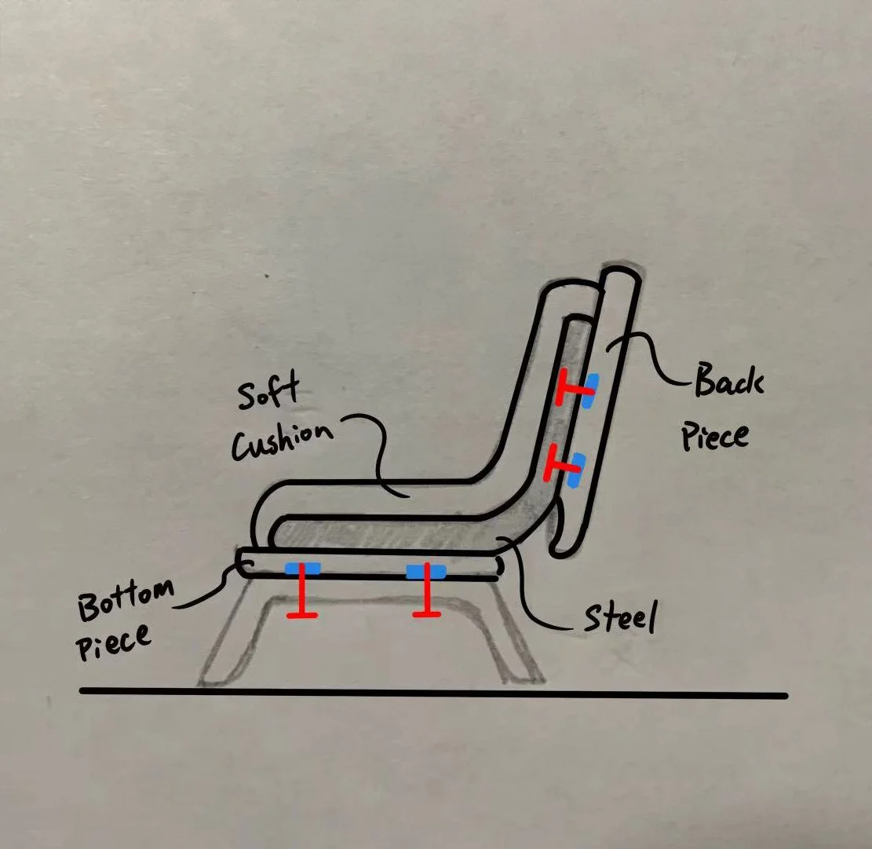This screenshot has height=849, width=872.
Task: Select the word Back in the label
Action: [728, 384]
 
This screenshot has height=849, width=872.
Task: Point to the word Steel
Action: [618, 620]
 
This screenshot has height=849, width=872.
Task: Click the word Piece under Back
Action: [713, 434]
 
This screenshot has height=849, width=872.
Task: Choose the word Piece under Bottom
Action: [113, 641]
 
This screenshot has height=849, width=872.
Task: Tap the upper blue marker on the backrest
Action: [587, 391]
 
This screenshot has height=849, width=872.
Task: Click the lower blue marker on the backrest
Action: [577, 470]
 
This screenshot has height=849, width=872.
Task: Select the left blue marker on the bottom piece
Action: [302, 569]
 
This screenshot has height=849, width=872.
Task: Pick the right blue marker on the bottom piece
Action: [425, 571]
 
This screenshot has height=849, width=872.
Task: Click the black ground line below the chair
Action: [432, 693]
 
